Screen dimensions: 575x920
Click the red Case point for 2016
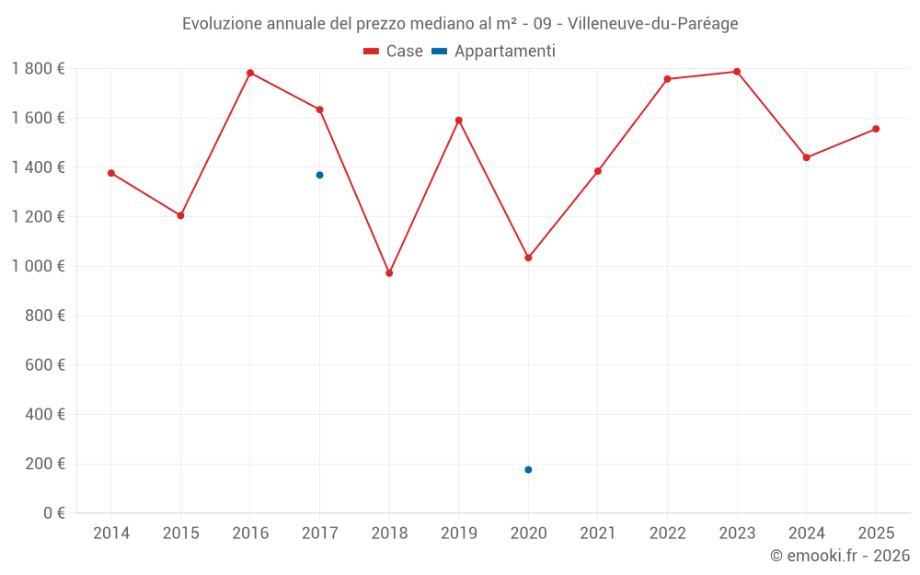click(250, 73)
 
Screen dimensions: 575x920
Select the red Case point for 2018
click(389, 273)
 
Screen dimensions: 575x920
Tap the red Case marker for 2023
click(737, 72)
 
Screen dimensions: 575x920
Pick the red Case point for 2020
click(528, 258)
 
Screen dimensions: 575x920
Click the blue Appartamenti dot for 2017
click(319, 175)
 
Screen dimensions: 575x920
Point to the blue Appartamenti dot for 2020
click(528, 470)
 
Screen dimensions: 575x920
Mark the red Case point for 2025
click(876, 129)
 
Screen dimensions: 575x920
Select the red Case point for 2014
click(111, 173)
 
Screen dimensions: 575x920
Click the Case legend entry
click(394, 52)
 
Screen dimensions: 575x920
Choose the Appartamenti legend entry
click(494, 52)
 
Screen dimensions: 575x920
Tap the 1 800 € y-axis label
click(38, 68)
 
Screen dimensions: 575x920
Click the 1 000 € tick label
click(38, 266)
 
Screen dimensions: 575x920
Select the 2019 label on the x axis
click(459, 534)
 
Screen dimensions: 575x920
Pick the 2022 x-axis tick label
click(667, 534)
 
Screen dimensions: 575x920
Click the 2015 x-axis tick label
click(180, 534)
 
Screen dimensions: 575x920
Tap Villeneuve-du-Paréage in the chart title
click(653, 24)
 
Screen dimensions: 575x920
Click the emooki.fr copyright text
click(840, 556)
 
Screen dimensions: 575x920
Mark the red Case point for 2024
click(807, 157)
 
